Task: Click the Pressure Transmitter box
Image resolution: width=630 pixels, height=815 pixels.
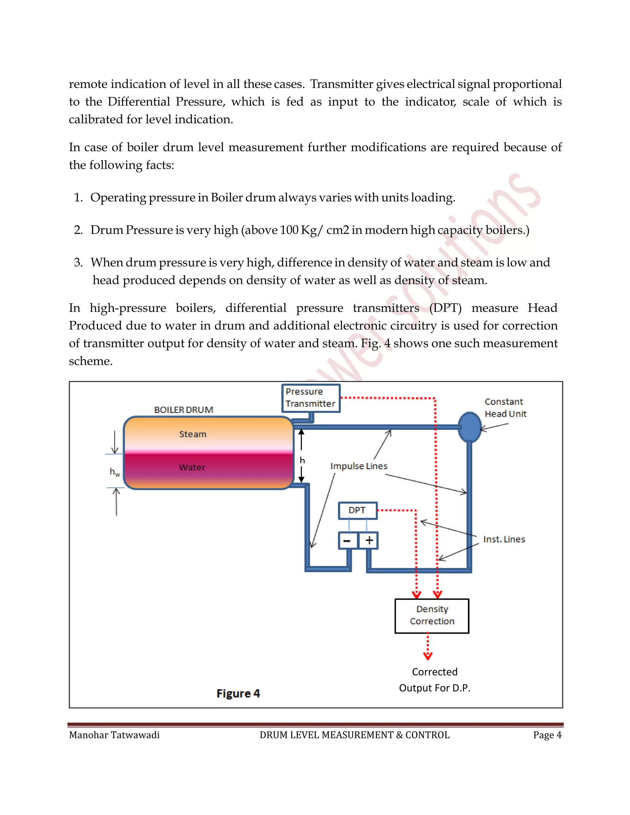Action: click(310, 398)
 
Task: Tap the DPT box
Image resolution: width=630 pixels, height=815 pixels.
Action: click(357, 511)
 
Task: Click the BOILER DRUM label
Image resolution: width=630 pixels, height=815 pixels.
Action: click(184, 410)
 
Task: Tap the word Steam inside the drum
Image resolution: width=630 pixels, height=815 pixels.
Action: click(193, 434)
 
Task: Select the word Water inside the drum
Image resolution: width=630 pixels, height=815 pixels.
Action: click(192, 467)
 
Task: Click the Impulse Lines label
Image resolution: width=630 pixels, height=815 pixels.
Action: click(359, 466)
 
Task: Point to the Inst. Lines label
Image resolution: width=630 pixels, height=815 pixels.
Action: click(504, 539)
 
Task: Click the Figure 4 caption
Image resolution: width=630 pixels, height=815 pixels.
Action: click(238, 693)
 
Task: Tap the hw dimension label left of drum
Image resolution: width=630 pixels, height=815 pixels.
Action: click(114, 472)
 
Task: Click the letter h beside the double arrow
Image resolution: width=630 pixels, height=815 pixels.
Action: click(302, 460)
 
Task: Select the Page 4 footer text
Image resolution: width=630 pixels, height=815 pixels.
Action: click(547, 735)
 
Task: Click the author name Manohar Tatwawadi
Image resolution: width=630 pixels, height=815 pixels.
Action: click(114, 735)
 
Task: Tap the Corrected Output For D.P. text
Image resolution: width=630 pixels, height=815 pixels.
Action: click(434, 680)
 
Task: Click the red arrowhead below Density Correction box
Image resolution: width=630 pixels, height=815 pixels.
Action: click(428, 656)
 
